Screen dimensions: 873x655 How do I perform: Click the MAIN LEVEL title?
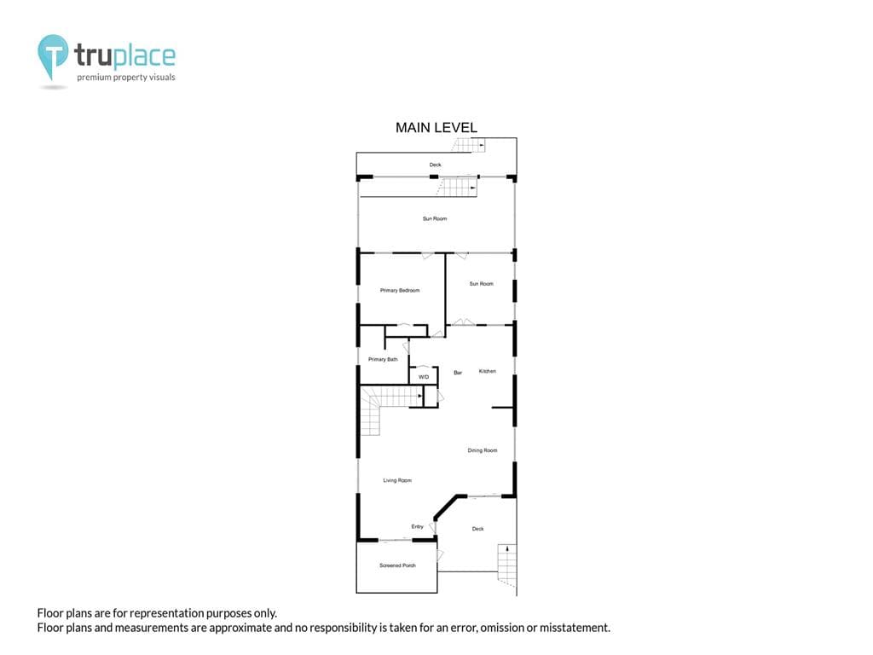tap(436, 128)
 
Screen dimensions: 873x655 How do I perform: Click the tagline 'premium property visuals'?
tap(126, 78)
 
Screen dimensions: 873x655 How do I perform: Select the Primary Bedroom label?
tap(400, 290)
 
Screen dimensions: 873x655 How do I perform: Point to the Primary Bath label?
tap(383, 359)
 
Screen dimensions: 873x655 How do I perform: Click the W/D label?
tap(424, 377)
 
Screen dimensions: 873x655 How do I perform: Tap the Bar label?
tap(458, 373)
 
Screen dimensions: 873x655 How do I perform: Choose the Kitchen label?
tap(487, 371)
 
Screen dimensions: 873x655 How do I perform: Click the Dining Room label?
tap(483, 450)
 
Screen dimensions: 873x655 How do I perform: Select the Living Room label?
tap(397, 480)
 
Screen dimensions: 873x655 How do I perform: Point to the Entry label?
tap(417, 526)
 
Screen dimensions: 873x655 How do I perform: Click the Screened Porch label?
tap(397, 565)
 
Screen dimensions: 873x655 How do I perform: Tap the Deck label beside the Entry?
tap(477, 529)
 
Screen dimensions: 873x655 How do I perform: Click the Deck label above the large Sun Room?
tap(435, 165)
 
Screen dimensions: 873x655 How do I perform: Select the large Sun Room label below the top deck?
tap(434, 218)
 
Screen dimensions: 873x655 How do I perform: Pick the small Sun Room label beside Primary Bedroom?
tap(481, 283)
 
